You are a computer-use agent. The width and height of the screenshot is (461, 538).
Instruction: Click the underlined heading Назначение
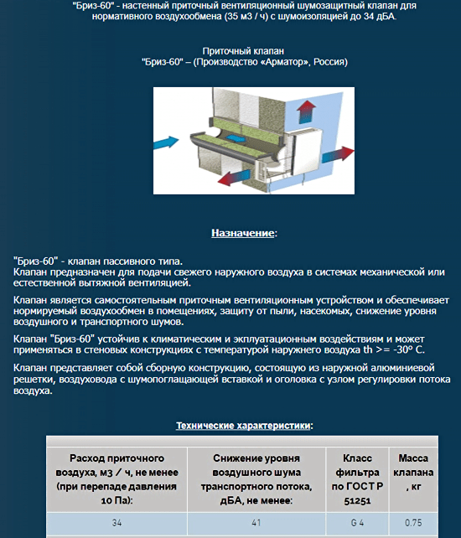click(242, 233)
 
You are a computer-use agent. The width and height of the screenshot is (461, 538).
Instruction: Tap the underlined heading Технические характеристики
click(243, 426)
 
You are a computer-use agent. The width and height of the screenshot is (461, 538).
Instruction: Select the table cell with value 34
click(117, 523)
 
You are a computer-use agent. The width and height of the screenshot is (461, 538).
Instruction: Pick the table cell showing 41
click(256, 523)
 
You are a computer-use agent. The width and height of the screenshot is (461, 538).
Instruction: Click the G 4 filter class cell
click(357, 523)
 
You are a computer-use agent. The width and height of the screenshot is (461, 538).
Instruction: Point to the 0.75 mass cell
click(413, 523)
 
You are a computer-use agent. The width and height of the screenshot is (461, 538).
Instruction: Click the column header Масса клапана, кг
click(413, 472)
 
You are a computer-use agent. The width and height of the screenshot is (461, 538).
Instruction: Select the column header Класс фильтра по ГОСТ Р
click(357, 479)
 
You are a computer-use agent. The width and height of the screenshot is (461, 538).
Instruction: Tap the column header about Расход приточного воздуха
click(117, 479)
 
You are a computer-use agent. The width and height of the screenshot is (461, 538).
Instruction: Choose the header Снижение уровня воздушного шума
click(256, 479)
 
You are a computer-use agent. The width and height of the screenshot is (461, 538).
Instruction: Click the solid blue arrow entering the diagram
click(166, 142)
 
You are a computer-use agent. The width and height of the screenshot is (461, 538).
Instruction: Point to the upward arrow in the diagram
click(306, 111)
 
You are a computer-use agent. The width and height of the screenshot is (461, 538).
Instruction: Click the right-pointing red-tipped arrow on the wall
click(338, 154)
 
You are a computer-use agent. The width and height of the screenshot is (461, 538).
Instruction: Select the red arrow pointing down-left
click(234, 177)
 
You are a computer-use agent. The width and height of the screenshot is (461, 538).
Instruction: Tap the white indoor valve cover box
click(308, 150)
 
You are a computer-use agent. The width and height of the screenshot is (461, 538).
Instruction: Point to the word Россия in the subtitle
click(329, 62)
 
